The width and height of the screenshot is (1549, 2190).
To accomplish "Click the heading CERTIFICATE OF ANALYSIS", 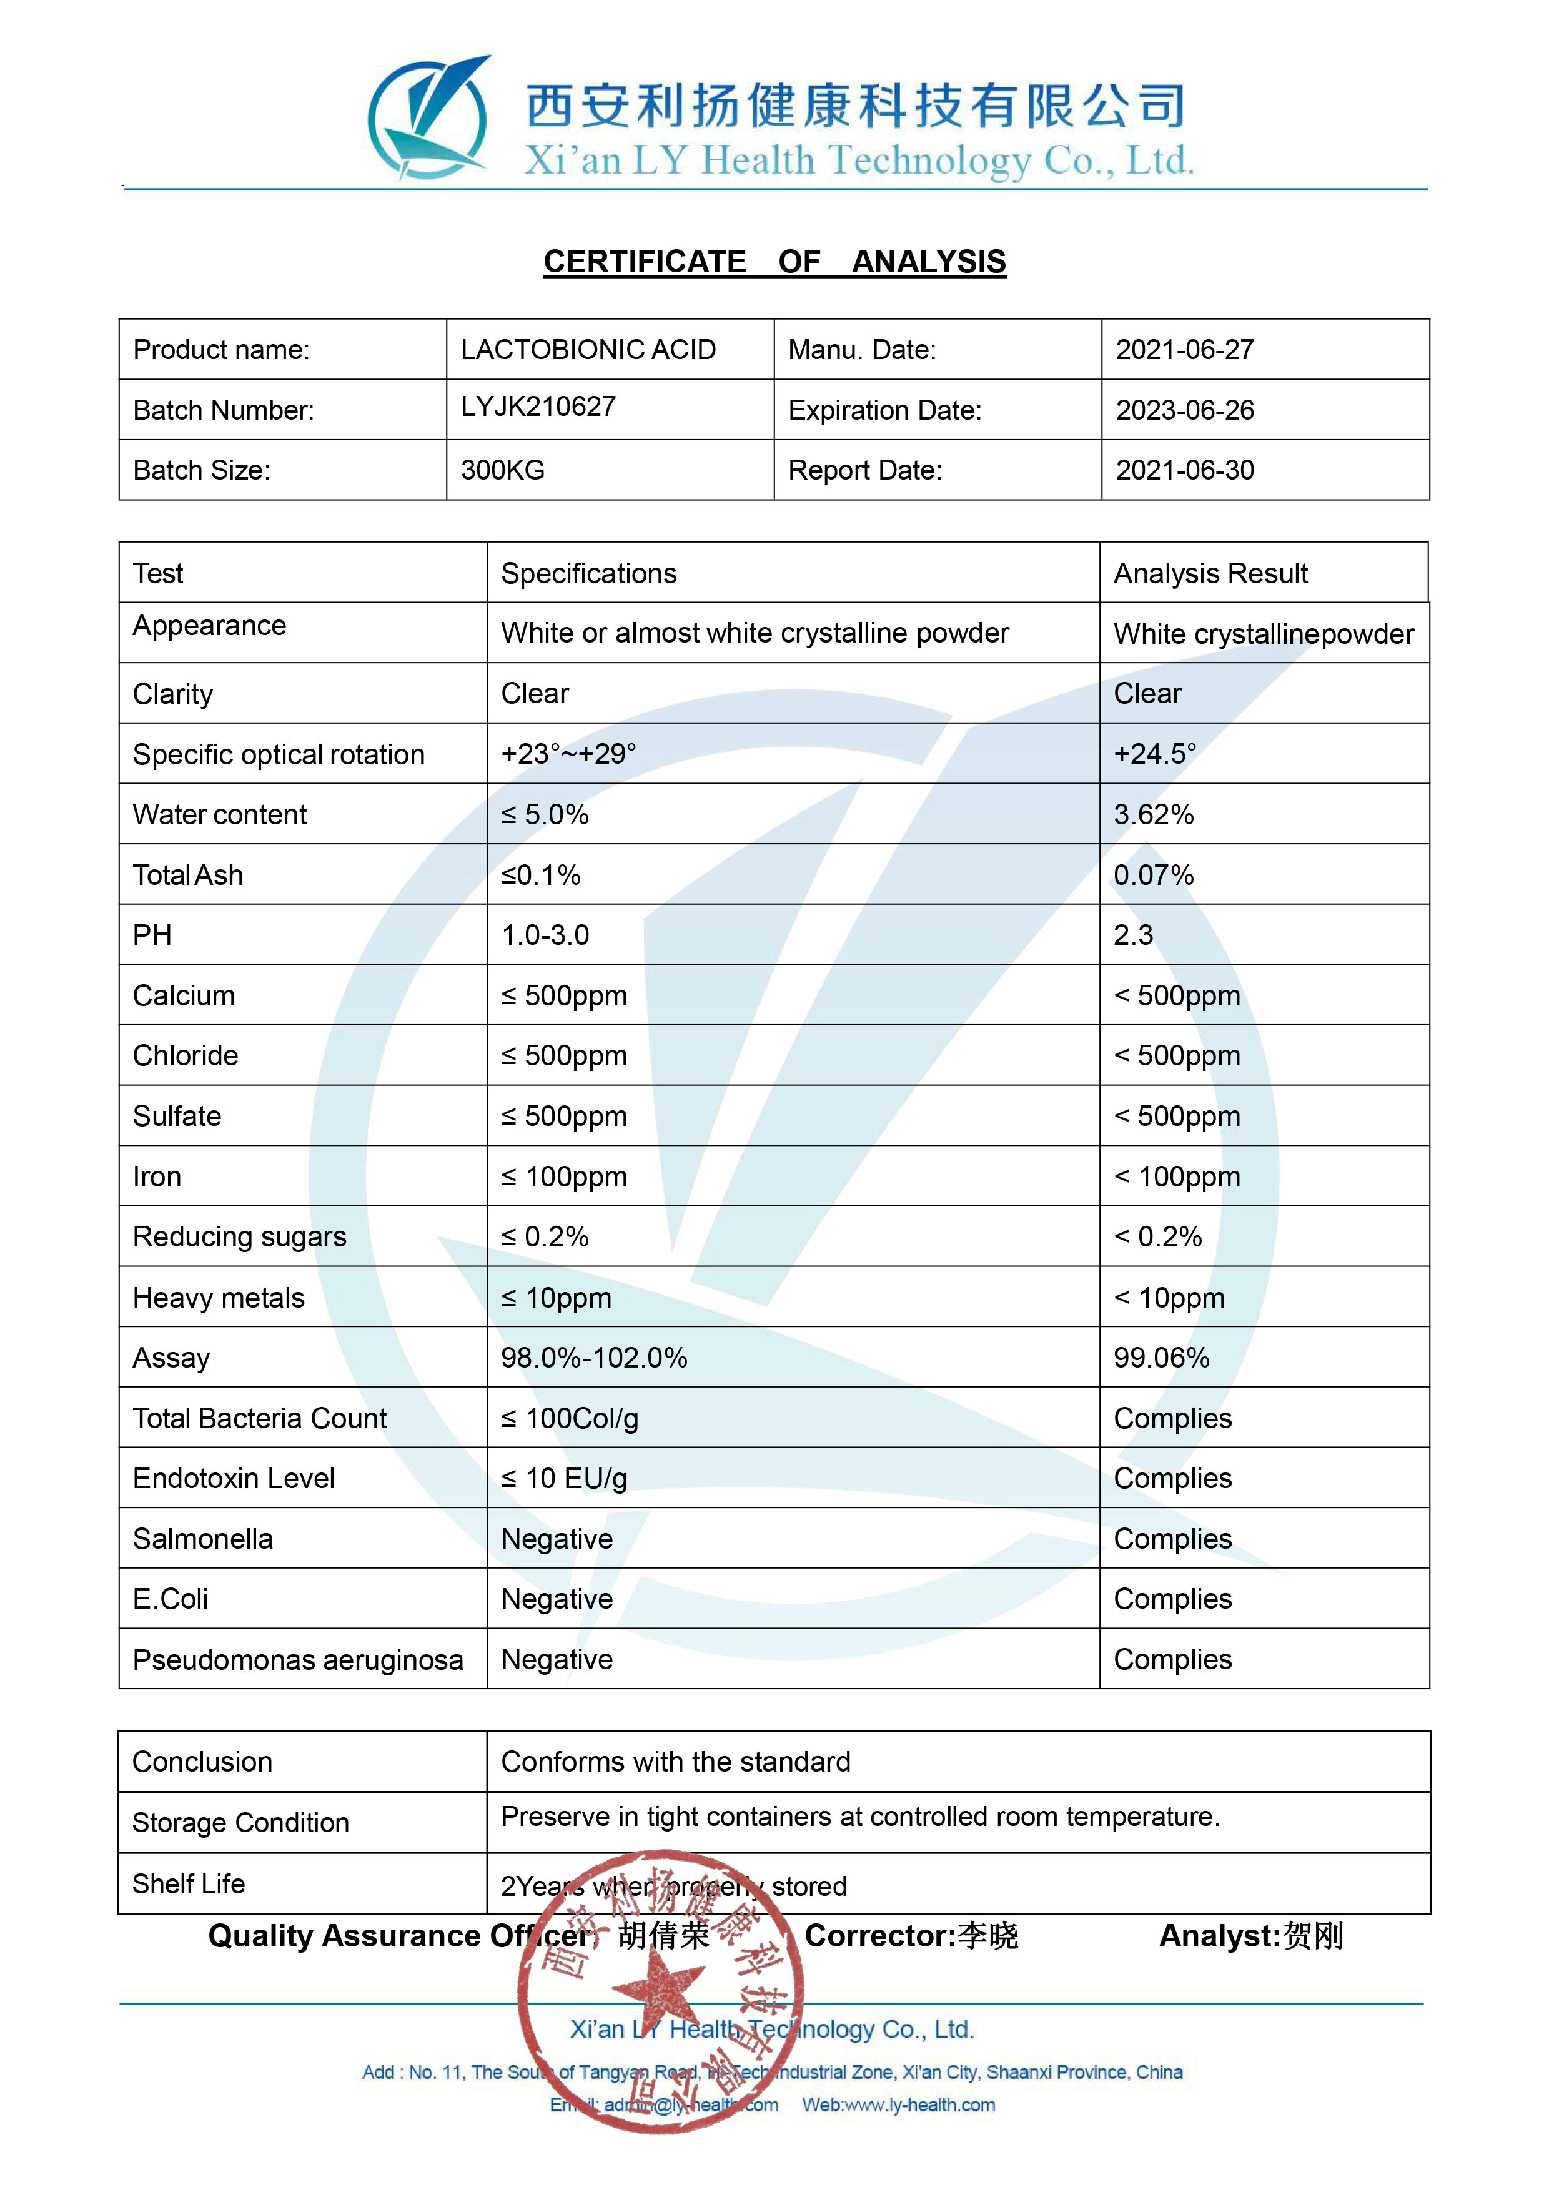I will (x=774, y=262).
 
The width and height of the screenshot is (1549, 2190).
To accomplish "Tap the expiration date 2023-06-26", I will (x=1185, y=410).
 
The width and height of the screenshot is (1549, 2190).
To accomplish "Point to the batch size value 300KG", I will (x=503, y=470).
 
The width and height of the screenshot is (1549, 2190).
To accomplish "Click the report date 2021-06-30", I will (x=1185, y=470).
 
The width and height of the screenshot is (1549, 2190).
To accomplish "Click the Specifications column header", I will (x=588, y=573).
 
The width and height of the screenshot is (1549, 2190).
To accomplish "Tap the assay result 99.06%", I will (x=1161, y=1358).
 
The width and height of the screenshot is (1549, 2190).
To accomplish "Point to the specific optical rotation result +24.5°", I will (x=1154, y=754).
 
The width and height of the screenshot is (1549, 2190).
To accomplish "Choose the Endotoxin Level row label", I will (x=234, y=1479).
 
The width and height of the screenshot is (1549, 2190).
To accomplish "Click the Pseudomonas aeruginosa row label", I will (x=297, y=1660).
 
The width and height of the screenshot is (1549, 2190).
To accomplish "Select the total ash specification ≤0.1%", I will (x=541, y=875).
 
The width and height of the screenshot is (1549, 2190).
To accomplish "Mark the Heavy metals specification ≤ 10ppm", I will (x=556, y=1298).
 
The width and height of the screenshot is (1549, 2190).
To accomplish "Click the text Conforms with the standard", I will (x=675, y=1762).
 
